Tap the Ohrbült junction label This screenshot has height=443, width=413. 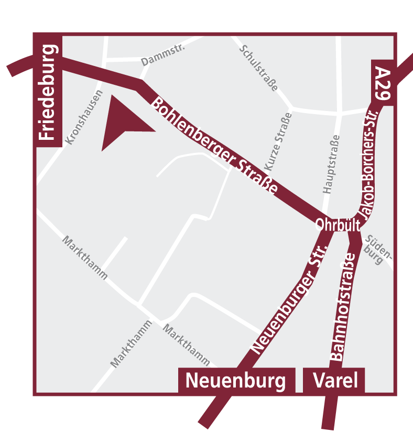(338, 225)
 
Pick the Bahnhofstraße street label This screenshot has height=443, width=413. (344, 306)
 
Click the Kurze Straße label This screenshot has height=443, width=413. (278, 142)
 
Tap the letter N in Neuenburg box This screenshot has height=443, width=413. (192, 381)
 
